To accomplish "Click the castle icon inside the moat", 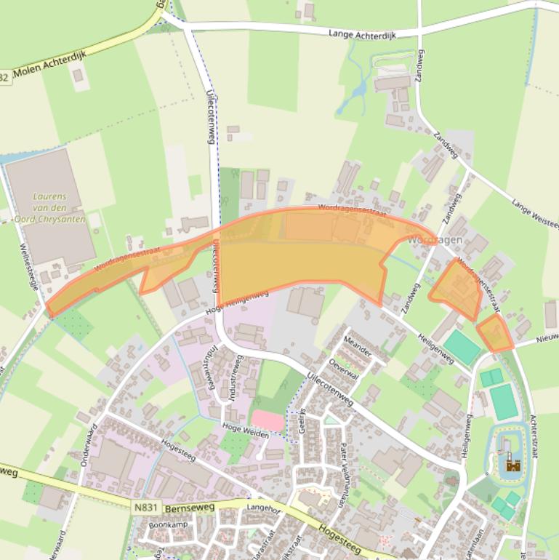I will pos(513,464).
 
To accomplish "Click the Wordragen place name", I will pos(434,240).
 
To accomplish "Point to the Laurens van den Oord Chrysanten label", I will pos(60,208).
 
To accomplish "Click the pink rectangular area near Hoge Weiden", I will pos(268,420).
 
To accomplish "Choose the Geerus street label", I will pos(302,422).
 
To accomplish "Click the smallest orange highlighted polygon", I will pos(495,334).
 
